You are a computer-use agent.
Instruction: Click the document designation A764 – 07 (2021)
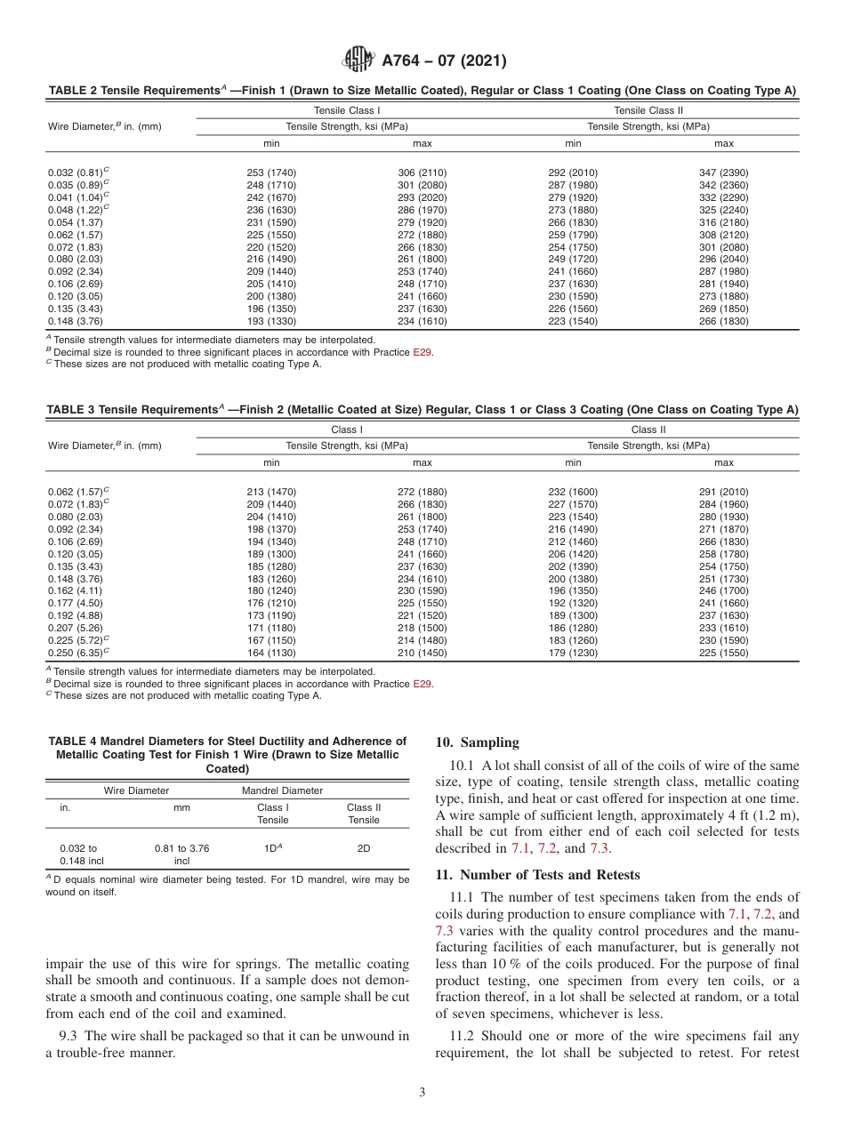[444, 61]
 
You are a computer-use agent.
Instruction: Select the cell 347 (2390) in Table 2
[724, 172]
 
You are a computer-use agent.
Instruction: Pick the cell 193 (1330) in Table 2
[271, 321]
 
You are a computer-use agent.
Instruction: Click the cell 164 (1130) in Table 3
[271, 653]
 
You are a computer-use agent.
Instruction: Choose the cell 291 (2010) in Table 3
[724, 492]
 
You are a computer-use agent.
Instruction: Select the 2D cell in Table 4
[364, 848]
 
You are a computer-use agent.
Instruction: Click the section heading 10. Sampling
[477, 742]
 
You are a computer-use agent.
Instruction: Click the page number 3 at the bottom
[422, 1093]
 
